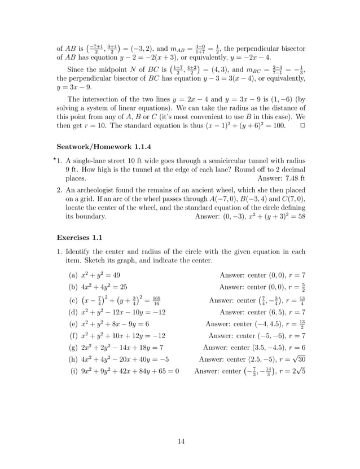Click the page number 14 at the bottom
tap(181, 441)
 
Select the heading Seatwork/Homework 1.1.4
tap(99, 146)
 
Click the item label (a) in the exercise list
tap(73, 275)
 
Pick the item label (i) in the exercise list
tap(73, 371)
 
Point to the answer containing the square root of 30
tap(252, 360)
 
